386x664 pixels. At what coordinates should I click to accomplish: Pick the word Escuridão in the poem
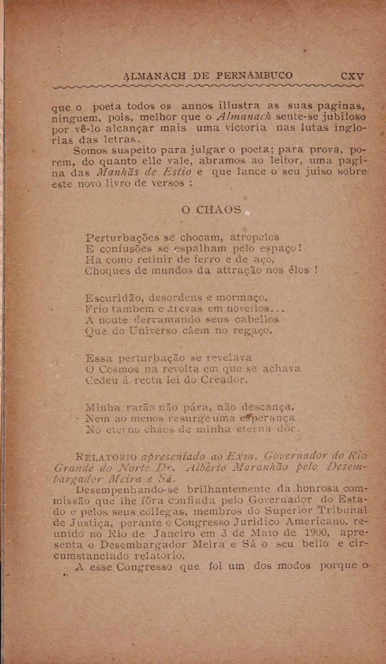pyautogui.click(x=113, y=298)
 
